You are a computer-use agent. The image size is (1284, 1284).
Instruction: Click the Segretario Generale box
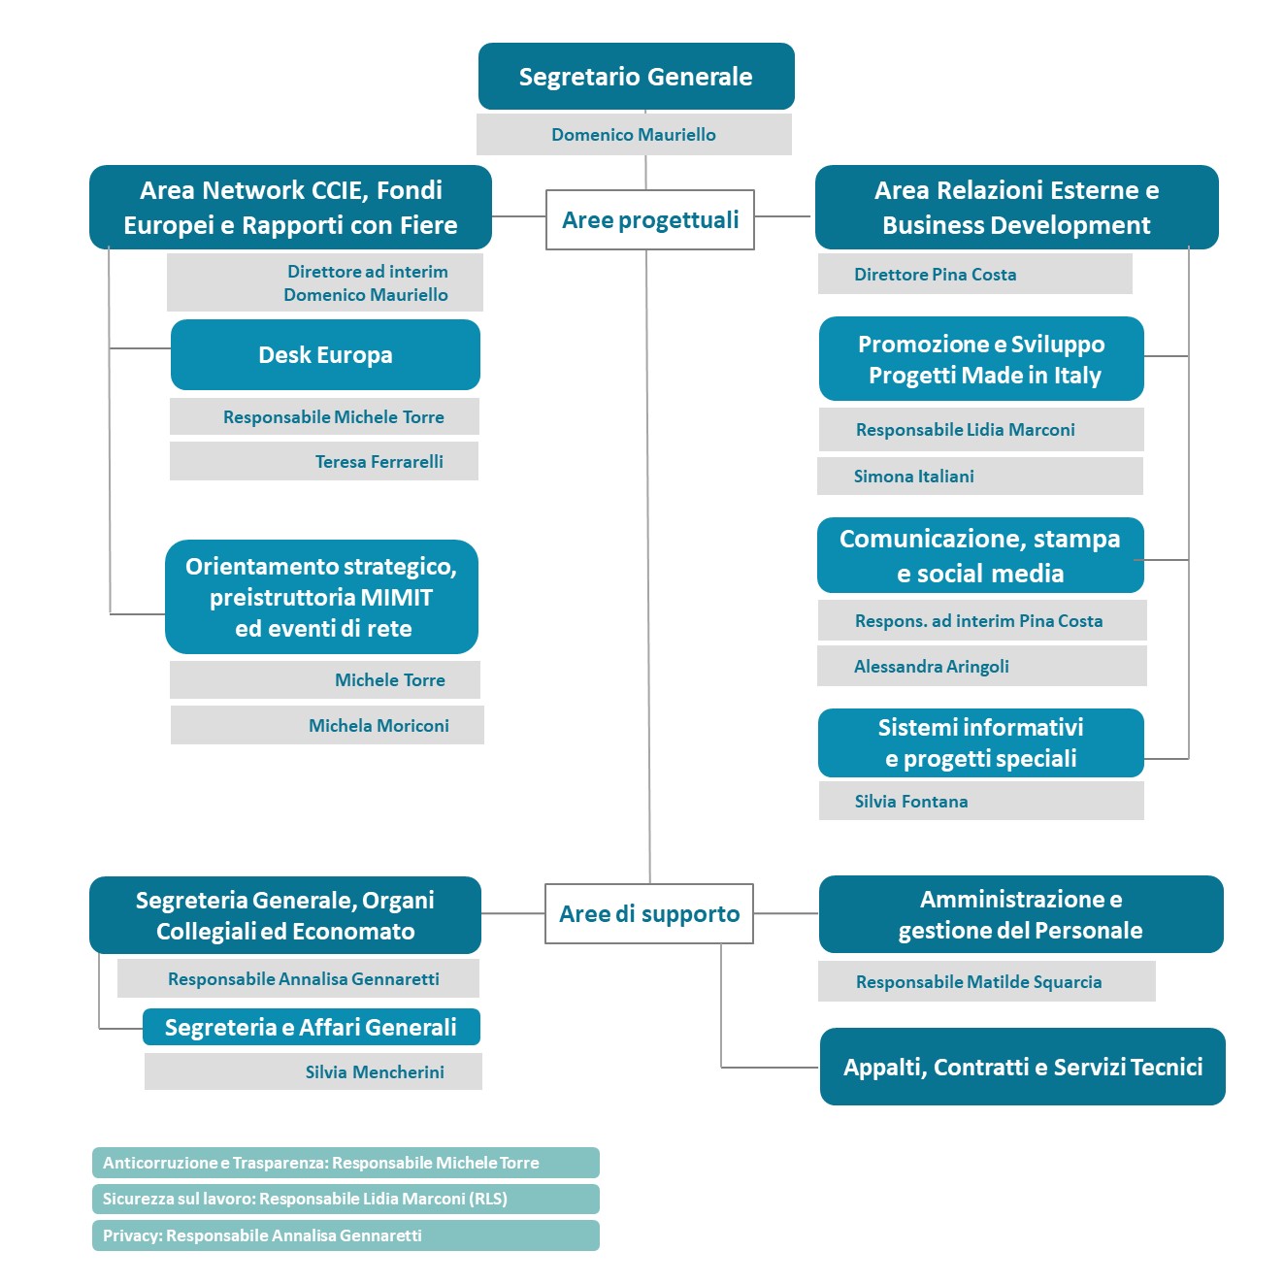[x=636, y=76]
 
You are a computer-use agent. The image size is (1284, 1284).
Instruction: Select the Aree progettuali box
[x=649, y=220]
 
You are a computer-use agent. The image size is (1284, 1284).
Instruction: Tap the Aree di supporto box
[x=649, y=913]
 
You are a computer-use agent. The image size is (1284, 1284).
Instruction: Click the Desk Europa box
[x=325, y=354]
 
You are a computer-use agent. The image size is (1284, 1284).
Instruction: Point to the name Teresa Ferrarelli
[x=379, y=461]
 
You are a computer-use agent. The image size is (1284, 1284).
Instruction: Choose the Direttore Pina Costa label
[x=935, y=274]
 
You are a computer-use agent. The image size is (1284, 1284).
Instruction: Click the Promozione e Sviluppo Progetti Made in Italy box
[x=981, y=358]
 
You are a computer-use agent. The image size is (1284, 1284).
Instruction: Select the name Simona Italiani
[x=913, y=476]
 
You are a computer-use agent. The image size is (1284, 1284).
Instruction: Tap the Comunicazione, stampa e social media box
[x=980, y=555]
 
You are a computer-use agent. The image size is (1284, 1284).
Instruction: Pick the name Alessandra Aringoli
[x=931, y=667]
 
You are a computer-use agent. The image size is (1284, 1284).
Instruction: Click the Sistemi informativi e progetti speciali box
[x=981, y=742]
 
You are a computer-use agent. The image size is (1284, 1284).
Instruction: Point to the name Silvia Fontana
[x=911, y=801]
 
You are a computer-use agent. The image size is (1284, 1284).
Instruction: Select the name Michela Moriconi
[x=379, y=725]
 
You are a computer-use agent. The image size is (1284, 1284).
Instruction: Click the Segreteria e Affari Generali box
[x=312, y=1027]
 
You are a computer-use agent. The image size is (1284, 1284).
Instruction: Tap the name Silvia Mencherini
[x=375, y=1071]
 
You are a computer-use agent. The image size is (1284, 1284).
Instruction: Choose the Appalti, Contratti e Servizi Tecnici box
[x=1022, y=1067]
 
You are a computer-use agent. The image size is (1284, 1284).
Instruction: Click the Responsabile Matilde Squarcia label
[x=979, y=981]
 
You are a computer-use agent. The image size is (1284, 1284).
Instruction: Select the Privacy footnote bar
[x=346, y=1235]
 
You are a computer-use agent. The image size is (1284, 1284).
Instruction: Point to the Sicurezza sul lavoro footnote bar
[x=346, y=1199]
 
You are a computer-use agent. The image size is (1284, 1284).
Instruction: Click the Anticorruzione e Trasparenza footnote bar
[x=346, y=1163]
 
